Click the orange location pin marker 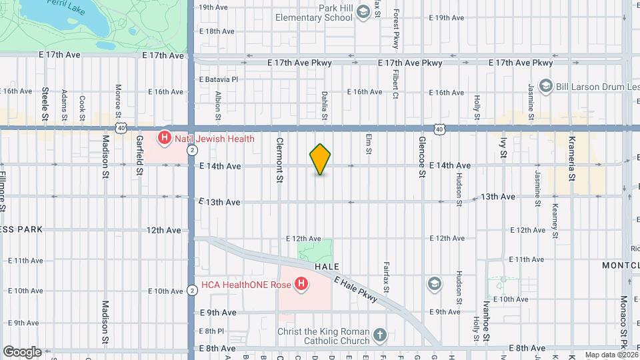click(320, 159)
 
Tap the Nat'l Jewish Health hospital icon click(163, 139)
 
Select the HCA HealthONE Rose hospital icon click(301, 285)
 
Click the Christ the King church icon click(379, 335)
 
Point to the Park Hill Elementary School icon click(363, 12)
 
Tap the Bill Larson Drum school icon click(546, 85)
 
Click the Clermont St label click(280, 160)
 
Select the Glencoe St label click(422, 157)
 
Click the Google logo click(21, 351)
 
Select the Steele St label click(45, 103)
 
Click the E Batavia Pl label click(218, 79)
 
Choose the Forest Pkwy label click(395, 28)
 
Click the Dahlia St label click(325, 105)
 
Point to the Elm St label click(368, 145)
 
